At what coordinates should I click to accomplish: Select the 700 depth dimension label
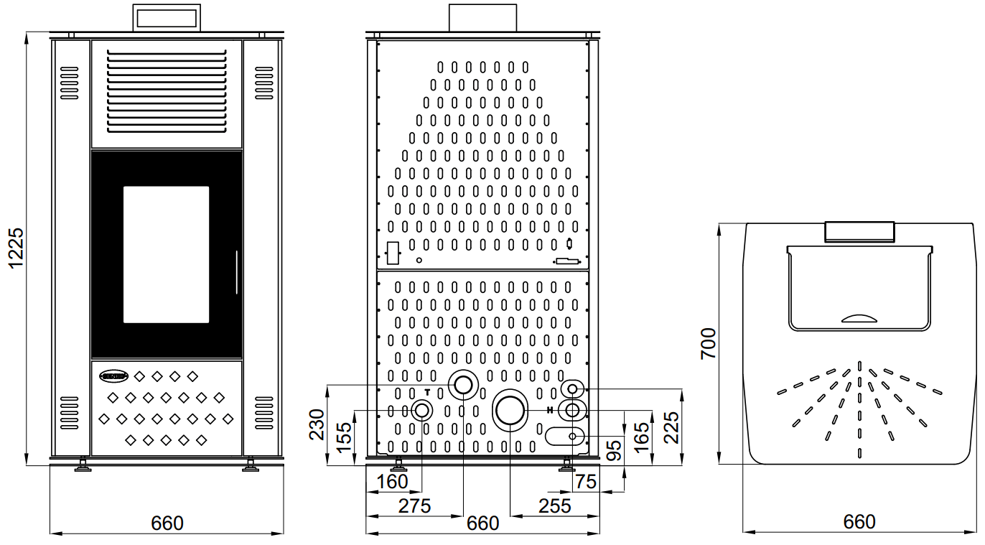(x=709, y=343)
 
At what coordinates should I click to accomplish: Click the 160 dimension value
(x=392, y=482)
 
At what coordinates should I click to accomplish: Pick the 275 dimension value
(x=414, y=506)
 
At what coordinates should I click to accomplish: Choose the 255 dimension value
(x=554, y=506)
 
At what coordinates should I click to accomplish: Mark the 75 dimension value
(x=586, y=482)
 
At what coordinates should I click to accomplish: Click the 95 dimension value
(x=614, y=450)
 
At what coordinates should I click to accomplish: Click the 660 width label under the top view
(x=859, y=522)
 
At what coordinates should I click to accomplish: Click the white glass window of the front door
(x=166, y=254)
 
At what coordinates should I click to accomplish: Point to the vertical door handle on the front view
(x=235, y=272)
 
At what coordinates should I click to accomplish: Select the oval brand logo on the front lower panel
(x=113, y=375)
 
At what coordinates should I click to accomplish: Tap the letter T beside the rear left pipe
(x=428, y=392)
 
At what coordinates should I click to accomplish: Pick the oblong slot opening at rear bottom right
(x=565, y=436)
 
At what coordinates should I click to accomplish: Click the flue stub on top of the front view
(x=167, y=18)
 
